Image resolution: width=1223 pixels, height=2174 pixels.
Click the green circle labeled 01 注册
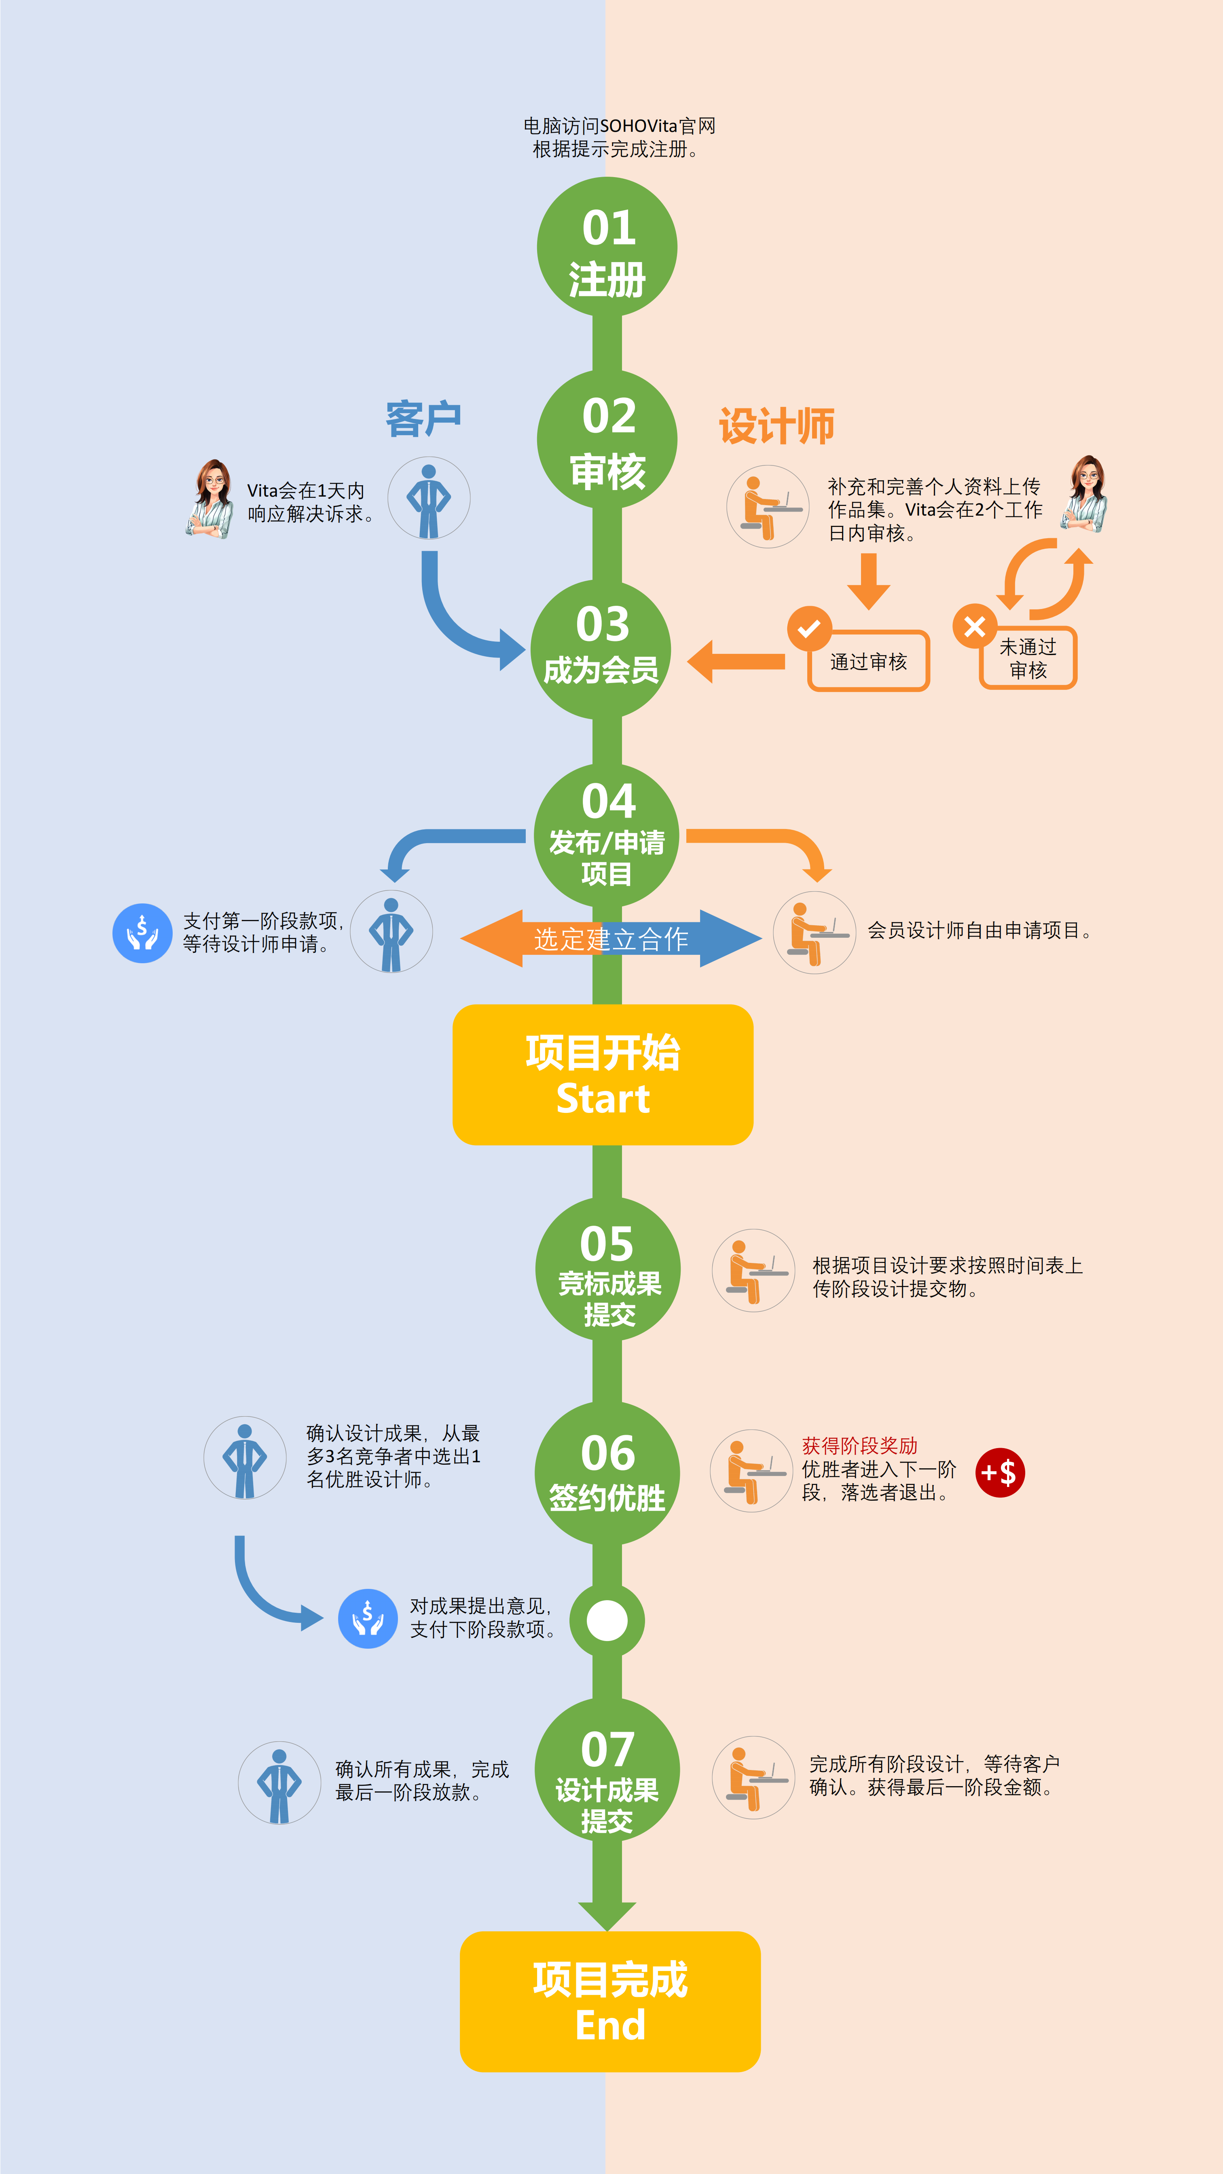[x=607, y=247]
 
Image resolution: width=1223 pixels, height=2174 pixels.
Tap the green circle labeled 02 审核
[x=607, y=440]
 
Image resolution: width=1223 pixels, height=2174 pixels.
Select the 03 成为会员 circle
[x=601, y=649]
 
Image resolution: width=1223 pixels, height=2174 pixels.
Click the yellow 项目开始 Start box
[x=603, y=1074]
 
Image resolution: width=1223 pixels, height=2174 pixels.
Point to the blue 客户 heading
[x=423, y=419]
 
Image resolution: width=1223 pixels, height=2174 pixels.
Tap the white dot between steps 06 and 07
[x=607, y=1620]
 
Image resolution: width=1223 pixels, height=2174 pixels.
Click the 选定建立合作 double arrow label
[x=611, y=939]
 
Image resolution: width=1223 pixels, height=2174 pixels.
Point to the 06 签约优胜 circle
[x=607, y=1473]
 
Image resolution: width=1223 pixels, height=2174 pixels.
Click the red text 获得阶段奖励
[x=859, y=1446]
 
